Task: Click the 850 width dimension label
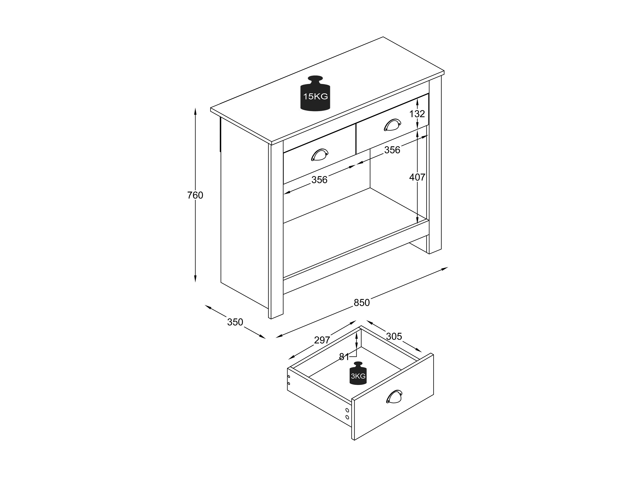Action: (x=361, y=303)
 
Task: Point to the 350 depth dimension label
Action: (x=235, y=322)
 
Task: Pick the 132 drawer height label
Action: (x=417, y=114)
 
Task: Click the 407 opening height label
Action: (x=417, y=177)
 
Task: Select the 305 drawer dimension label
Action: (x=394, y=336)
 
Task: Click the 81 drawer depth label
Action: (x=344, y=357)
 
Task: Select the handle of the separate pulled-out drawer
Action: (x=394, y=396)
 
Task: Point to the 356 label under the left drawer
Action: (x=319, y=180)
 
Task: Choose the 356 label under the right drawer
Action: (x=392, y=150)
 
